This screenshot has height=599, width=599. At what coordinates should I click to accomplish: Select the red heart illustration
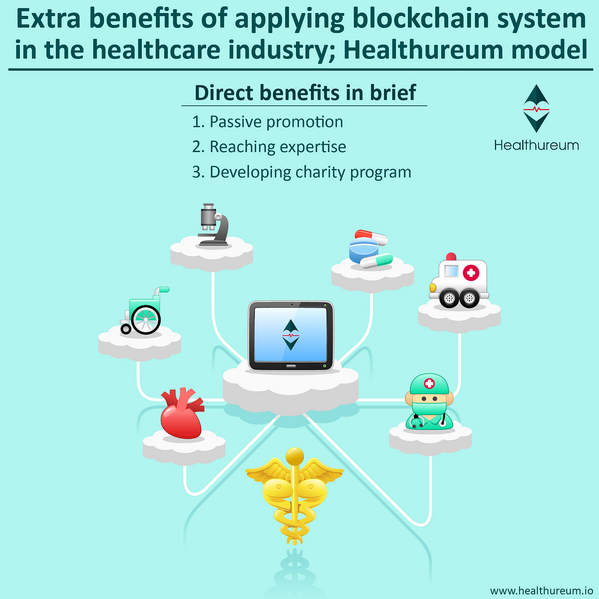[182, 414]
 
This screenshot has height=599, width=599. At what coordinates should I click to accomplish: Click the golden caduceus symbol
[295, 494]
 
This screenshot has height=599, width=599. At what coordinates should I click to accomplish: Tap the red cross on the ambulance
[471, 273]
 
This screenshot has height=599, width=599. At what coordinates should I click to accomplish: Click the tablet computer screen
[291, 335]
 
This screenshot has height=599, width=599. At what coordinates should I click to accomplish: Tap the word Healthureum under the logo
[536, 145]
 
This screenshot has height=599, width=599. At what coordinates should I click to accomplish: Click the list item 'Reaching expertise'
[278, 147]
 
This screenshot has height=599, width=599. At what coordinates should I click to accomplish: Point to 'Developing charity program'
[310, 172]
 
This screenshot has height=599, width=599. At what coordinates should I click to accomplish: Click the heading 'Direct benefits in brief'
[305, 93]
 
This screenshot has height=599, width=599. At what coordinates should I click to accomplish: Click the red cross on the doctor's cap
[429, 383]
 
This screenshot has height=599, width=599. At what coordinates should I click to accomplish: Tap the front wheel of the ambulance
[449, 299]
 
